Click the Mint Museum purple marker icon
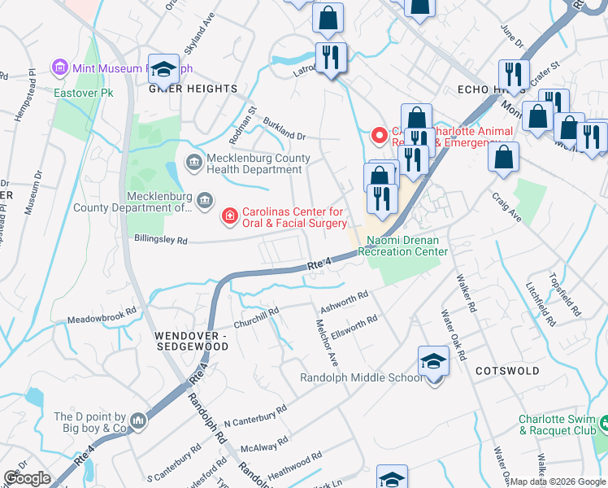point(59,67)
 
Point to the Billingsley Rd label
point(160,241)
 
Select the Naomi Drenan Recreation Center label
point(403,246)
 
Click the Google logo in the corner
point(27,478)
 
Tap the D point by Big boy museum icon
point(138,420)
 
